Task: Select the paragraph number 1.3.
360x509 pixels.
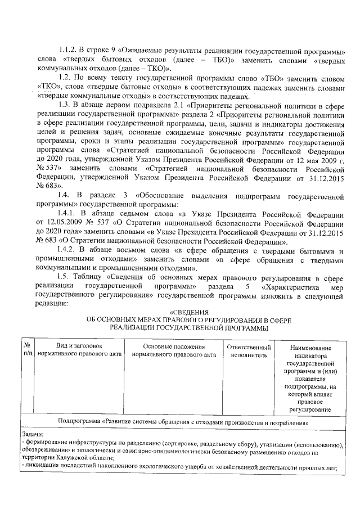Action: click(x=64, y=104)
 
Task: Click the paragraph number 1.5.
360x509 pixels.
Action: click(x=64, y=276)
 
